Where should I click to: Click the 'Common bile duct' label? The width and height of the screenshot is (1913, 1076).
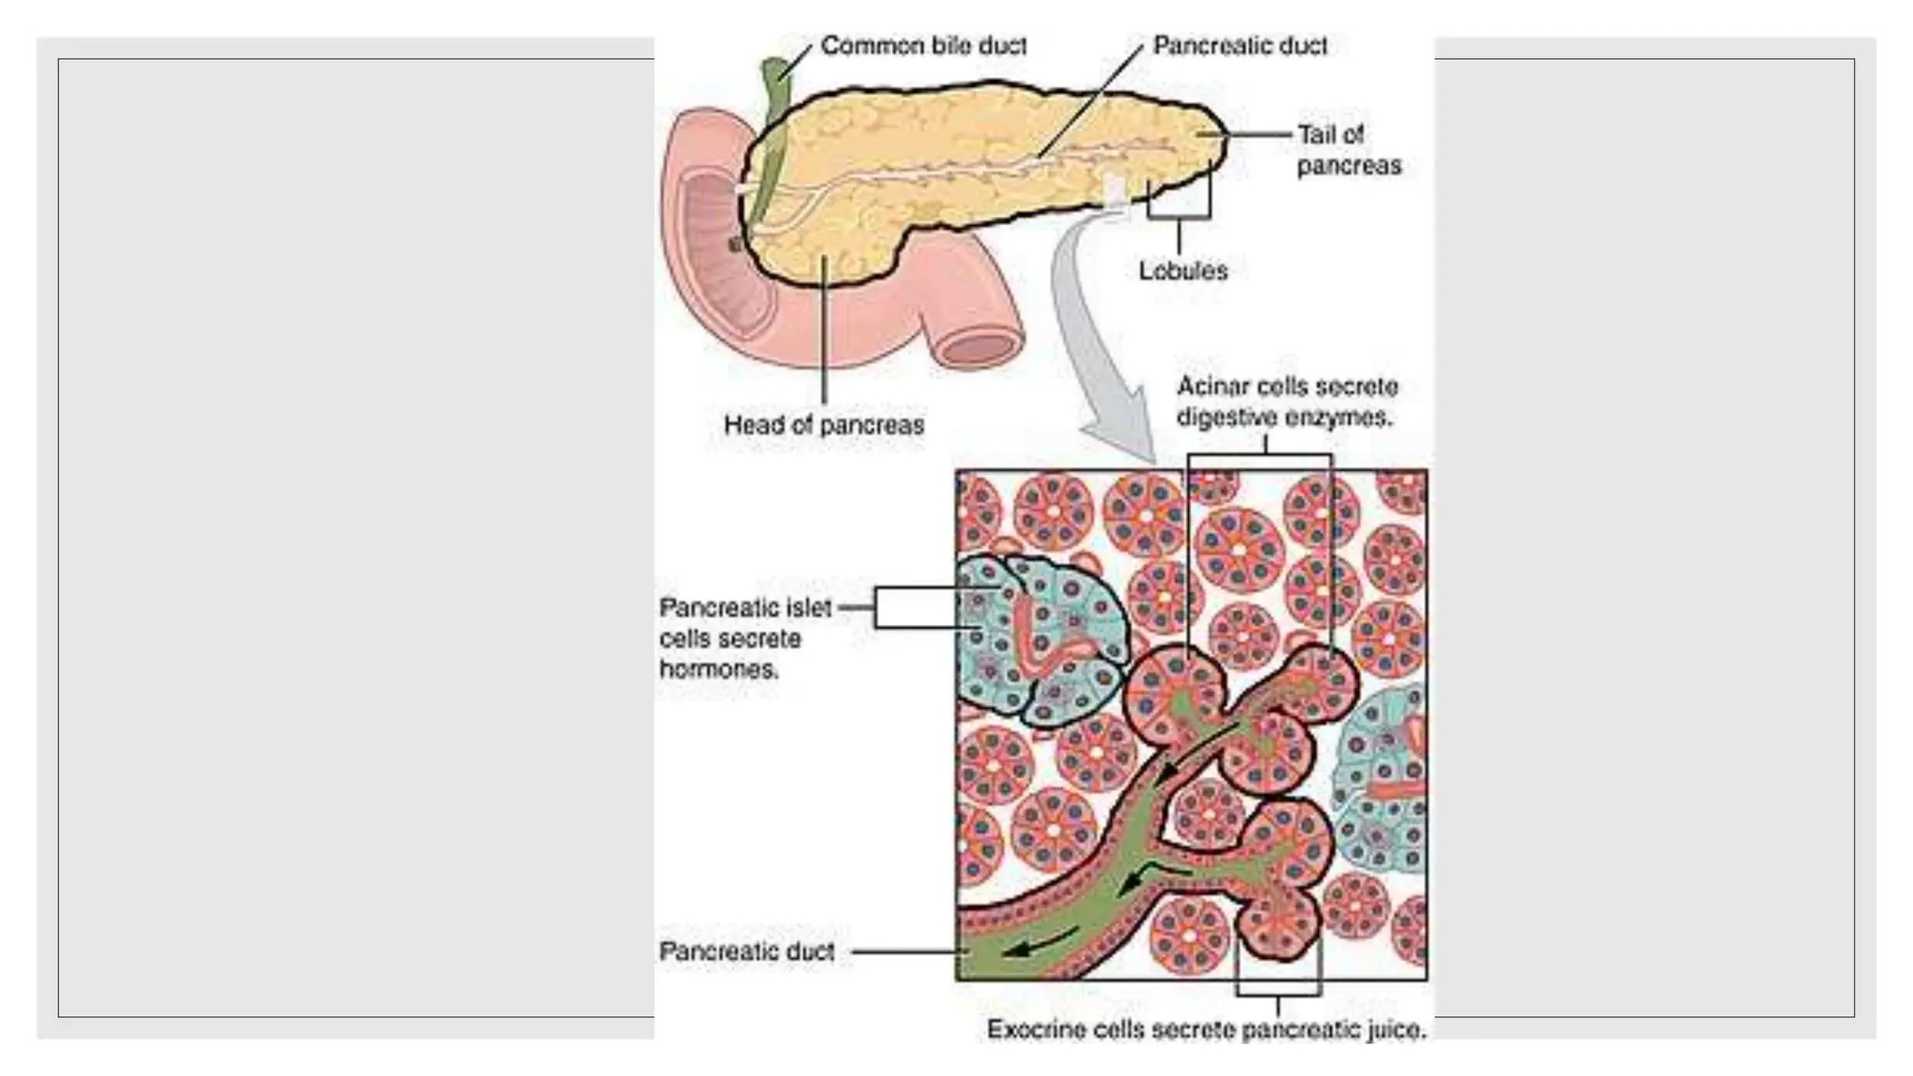pyautogui.click(x=923, y=46)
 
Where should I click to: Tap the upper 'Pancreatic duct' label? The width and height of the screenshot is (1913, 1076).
pyautogui.click(x=1240, y=46)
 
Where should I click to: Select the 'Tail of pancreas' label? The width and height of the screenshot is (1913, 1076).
pyautogui.click(x=1348, y=150)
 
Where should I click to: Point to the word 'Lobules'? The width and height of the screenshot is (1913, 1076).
pyautogui.click(x=1183, y=271)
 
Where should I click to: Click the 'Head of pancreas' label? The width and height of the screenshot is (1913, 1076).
pyautogui.click(x=823, y=425)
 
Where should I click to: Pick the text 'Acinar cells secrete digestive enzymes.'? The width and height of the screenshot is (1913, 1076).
pyautogui.click(x=1286, y=402)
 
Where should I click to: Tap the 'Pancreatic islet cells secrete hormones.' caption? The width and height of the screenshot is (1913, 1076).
pyautogui.click(x=744, y=639)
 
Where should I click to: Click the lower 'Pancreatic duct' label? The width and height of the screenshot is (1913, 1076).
pyautogui.click(x=746, y=952)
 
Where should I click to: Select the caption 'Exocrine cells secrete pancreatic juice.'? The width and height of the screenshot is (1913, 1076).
pyautogui.click(x=1206, y=1029)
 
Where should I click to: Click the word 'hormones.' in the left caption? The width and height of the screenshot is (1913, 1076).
pyautogui.click(x=718, y=670)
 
